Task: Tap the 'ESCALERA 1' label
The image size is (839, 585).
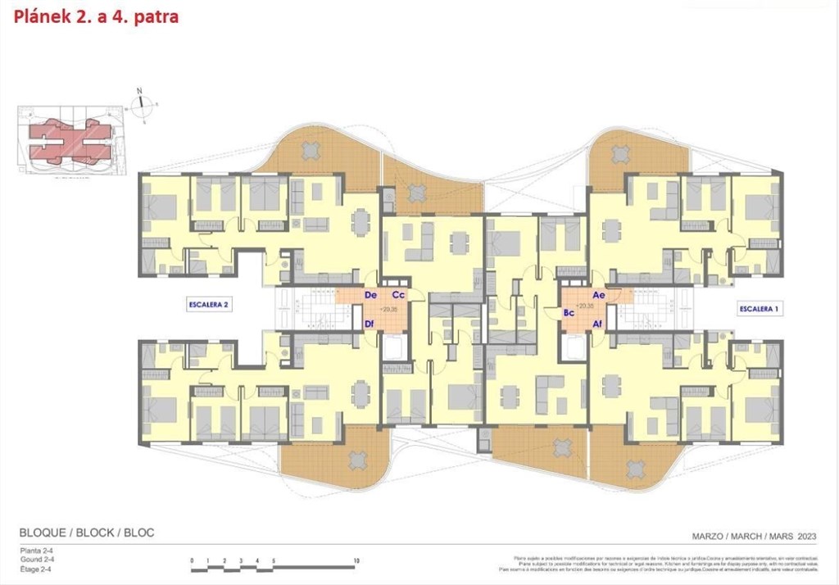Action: coord(759,309)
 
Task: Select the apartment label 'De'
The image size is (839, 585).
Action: coord(370,294)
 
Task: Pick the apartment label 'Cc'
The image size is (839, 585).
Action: coord(398,294)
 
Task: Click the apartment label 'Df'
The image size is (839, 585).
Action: coord(370,324)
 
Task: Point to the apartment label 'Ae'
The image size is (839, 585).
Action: coord(598,294)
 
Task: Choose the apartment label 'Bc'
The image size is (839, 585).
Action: coord(568,313)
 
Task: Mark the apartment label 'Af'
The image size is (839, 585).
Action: coord(598,324)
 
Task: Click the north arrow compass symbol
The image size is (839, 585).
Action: coord(144,103)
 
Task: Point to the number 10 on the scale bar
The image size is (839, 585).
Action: coord(356,561)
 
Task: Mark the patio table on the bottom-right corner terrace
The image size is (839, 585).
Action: coord(635,469)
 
